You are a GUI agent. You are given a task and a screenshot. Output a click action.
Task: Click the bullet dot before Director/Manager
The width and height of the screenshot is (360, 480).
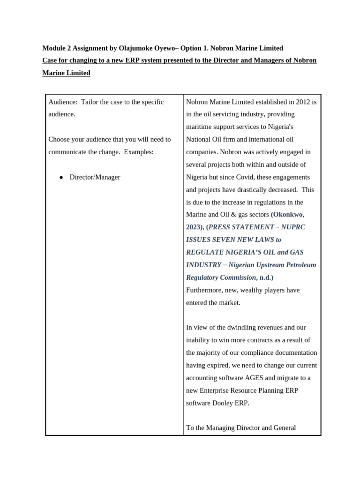61,178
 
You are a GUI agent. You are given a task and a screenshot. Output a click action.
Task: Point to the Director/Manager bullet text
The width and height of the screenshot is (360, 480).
95,177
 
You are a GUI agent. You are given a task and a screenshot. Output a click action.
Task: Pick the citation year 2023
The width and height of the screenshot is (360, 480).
195,227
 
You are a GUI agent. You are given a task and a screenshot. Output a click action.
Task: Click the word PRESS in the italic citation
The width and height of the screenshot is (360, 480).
220,227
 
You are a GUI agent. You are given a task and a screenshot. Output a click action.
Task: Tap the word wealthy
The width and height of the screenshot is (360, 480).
239,290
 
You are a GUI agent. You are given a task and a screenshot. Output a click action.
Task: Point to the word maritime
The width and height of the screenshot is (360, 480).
201,127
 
